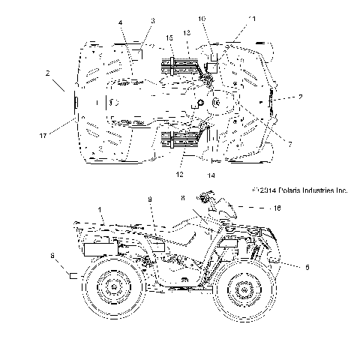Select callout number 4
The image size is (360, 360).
[x=119, y=22]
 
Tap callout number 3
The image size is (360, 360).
[x=152, y=20]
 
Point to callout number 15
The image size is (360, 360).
[x=169, y=37]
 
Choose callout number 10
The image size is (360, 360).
[x=202, y=18]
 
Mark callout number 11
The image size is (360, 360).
[x=252, y=17]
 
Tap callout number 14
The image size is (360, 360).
[x=211, y=175]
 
